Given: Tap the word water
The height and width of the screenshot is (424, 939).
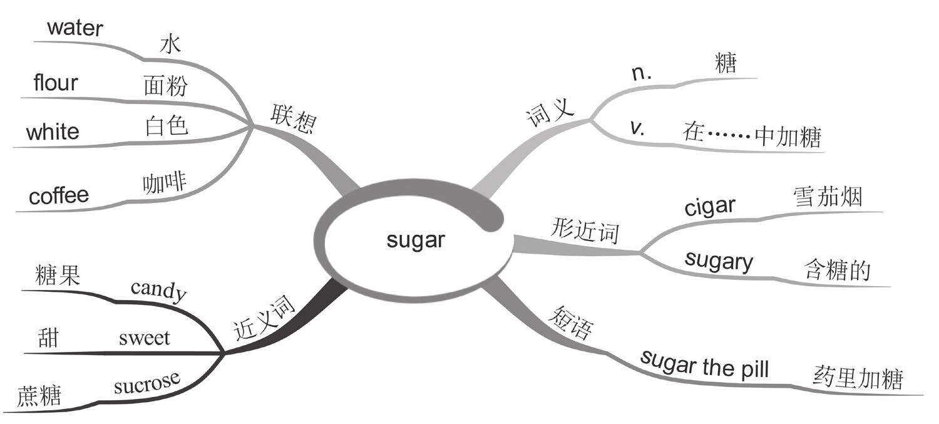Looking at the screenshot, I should tap(74, 28).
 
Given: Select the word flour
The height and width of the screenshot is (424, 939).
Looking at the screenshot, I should tap(56, 83).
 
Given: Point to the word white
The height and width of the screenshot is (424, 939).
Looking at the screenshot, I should tap(53, 132).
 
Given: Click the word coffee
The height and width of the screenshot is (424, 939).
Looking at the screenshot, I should tap(59, 196).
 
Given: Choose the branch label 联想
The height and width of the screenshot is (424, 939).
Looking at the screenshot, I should tap(292, 116).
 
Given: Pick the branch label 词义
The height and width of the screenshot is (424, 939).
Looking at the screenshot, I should tap(549, 112).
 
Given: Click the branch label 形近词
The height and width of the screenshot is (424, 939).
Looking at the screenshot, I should tap(585, 232).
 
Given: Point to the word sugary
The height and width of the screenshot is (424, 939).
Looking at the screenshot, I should tap(719, 262).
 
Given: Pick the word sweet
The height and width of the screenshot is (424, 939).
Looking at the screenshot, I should tap(144, 339).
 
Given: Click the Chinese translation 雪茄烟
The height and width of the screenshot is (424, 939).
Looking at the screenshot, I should tap(826, 197).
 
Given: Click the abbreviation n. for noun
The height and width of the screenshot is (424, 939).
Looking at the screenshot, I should tap(642, 73).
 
